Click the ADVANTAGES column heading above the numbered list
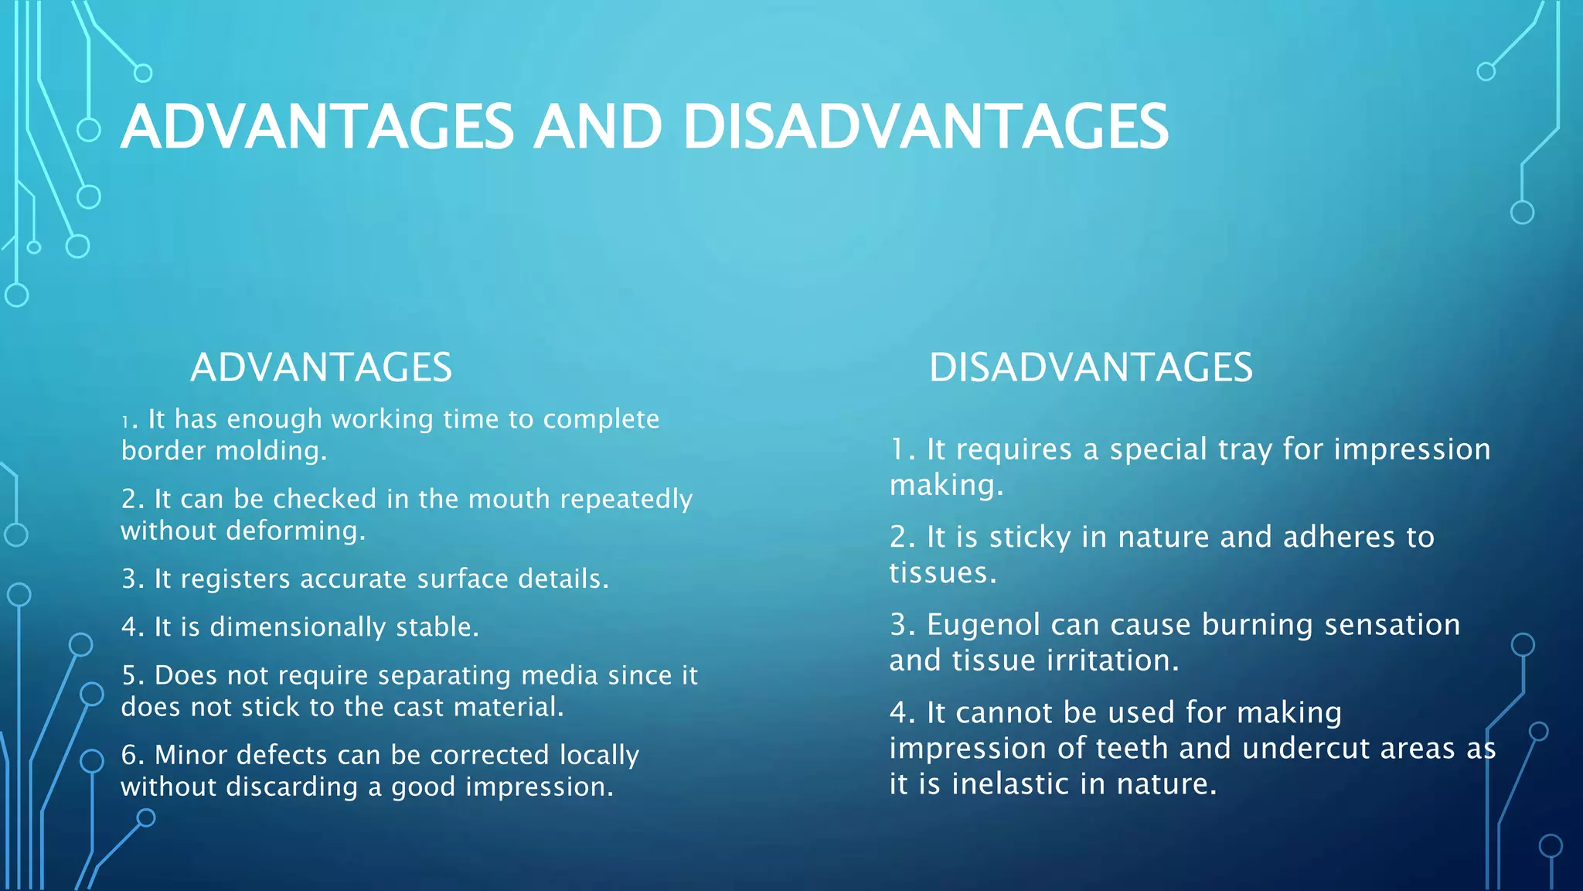[x=321, y=367]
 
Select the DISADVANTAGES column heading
[x=1091, y=367]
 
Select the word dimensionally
[x=297, y=627]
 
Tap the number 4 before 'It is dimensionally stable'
[x=128, y=627]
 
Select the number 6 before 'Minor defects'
[x=128, y=755]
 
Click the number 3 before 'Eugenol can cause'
[x=898, y=625]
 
